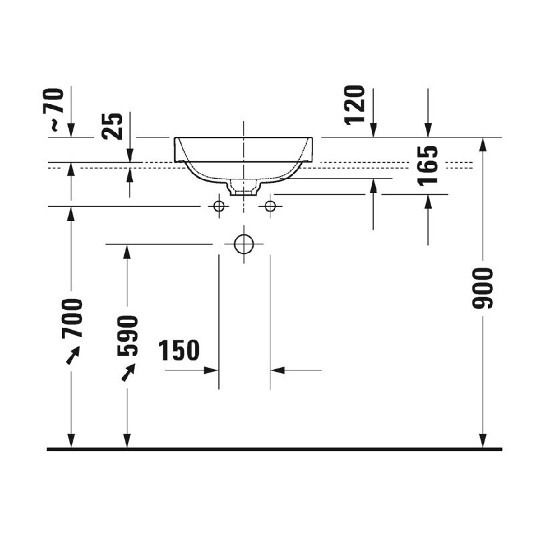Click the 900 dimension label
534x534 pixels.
click(483, 288)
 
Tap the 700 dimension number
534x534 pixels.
click(72, 318)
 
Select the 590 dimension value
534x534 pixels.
click(127, 336)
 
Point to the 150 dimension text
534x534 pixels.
click(179, 350)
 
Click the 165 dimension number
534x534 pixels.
click(428, 166)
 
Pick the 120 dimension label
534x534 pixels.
click(354, 105)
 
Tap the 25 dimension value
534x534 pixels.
click(112, 126)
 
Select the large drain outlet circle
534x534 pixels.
click(244, 244)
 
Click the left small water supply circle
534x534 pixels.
click(219, 206)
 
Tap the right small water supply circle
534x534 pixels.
click(270, 206)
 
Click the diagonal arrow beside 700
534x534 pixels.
click(73, 355)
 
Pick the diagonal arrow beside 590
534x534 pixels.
click(128, 372)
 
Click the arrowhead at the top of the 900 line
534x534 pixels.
click(483, 144)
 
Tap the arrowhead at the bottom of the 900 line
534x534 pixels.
click(483, 441)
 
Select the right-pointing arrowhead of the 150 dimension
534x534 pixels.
click(211, 370)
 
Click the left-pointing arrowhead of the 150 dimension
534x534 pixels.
click(278, 370)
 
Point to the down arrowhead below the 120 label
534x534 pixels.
click(374, 130)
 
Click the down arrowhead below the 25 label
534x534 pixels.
click(129, 156)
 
